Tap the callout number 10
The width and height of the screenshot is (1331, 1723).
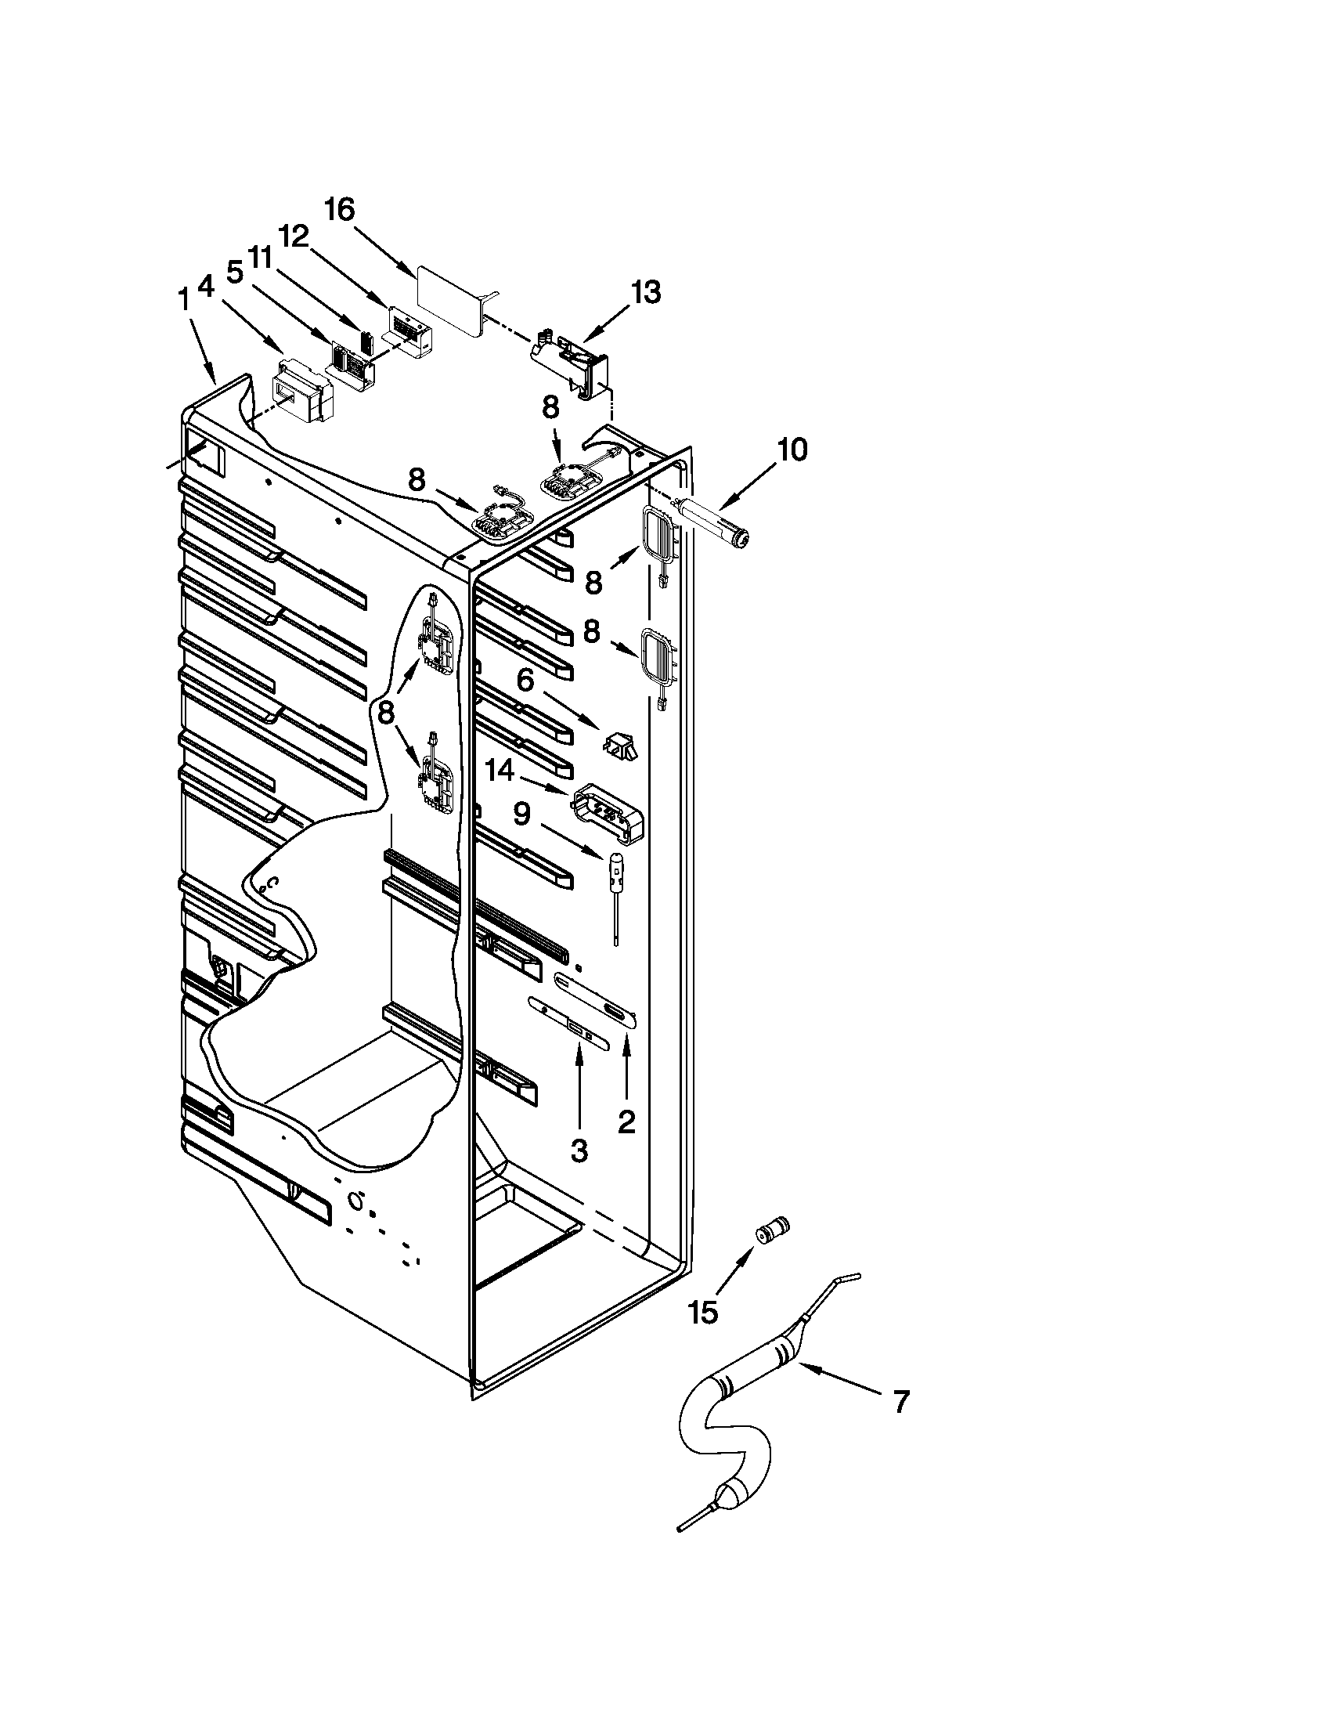791,450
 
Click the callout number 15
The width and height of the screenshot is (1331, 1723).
702,1313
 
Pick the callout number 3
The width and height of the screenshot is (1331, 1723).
579,1151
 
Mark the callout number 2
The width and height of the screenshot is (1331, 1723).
626,1121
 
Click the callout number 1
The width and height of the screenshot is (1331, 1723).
183,300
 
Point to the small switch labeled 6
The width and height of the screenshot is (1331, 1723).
622,746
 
